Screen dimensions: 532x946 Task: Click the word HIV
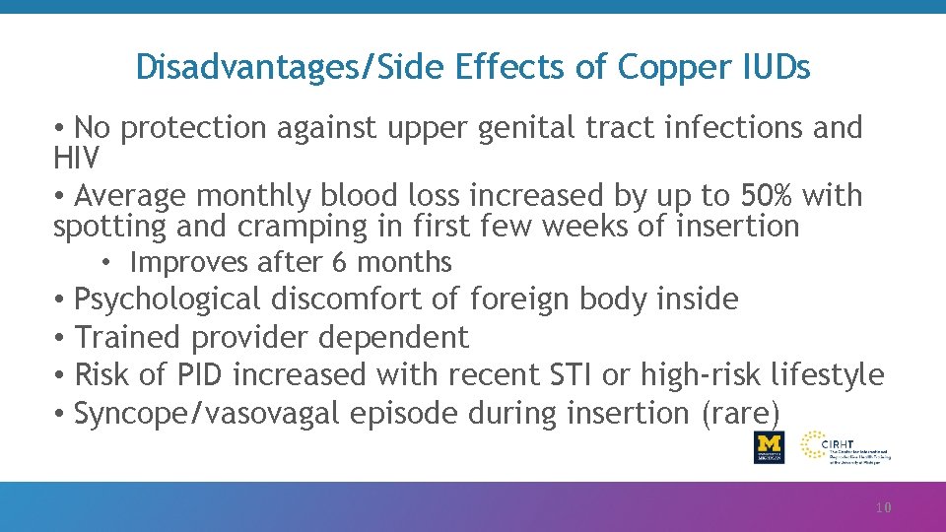point(75,157)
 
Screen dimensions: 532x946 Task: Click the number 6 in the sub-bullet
point(339,263)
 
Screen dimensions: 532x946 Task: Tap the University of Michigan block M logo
point(770,446)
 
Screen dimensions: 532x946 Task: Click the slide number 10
point(883,508)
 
